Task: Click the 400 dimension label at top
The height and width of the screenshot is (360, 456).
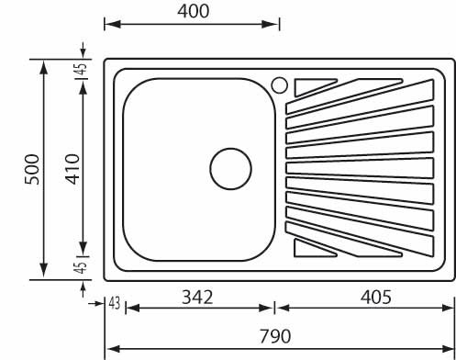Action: tap(194, 12)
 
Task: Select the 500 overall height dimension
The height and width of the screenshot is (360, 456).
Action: tap(32, 170)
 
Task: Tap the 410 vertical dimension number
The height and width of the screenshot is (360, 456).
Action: tap(72, 169)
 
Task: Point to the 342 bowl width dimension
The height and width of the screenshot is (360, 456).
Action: tap(197, 298)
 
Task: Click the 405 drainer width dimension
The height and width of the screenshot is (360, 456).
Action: tap(375, 297)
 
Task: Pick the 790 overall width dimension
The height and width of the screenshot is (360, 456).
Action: tap(275, 336)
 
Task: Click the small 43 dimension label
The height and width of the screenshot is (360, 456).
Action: tap(115, 304)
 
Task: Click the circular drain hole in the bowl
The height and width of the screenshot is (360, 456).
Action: tap(231, 169)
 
